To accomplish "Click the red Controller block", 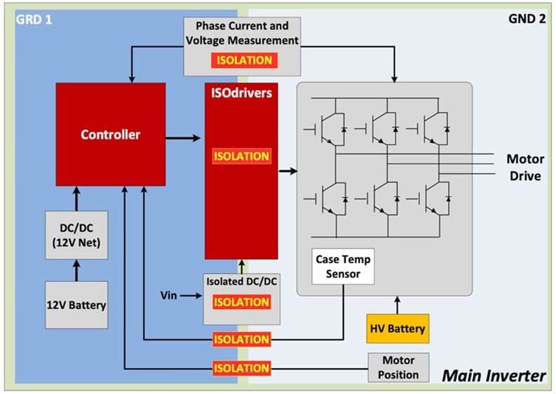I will [111, 134].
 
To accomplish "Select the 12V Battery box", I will [76, 305].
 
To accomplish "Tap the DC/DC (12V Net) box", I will [76, 235].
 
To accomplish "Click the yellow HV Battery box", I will [396, 328].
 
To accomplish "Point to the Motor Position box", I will [398, 367].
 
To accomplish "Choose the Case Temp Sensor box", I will [343, 266].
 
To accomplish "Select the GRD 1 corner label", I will [34, 18].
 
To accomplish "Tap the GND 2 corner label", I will [525, 18].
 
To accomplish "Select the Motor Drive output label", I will [524, 167].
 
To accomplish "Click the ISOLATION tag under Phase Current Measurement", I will [242, 60].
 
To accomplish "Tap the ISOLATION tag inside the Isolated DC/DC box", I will [241, 302].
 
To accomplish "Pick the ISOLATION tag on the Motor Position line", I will [241, 367].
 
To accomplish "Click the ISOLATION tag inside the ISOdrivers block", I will [241, 156].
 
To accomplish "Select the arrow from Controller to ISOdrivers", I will [184, 137].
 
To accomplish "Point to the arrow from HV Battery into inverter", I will [397, 305].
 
